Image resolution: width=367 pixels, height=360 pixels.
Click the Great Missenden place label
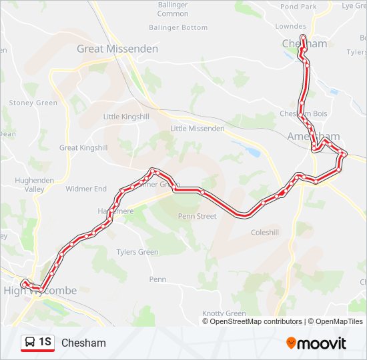[x=117, y=49]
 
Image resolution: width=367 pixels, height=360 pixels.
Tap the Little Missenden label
[x=198, y=129]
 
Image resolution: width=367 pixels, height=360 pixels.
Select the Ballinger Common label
[x=173, y=9]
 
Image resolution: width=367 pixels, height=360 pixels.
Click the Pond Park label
[x=298, y=7]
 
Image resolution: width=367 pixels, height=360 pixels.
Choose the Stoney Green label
[x=33, y=103]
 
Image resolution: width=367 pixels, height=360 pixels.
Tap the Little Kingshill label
[x=126, y=116]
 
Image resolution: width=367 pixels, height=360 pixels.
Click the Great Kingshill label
[x=83, y=148]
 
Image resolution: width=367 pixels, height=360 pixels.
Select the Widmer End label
[x=86, y=189]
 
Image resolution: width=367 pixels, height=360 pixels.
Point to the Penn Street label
[x=197, y=216]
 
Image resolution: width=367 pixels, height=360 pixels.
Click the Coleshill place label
[x=264, y=233]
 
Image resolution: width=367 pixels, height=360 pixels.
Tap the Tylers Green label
[x=137, y=252]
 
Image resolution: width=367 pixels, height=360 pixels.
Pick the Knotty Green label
[x=224, y=313]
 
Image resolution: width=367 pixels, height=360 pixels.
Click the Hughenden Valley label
[x=29, y=185]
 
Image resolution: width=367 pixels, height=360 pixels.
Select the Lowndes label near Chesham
[x=290, y=27]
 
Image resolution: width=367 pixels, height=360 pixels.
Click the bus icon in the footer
[x=29, y=343]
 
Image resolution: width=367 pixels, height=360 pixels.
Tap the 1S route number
[x=45, y=343]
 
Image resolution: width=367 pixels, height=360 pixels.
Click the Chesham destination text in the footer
[x=83, y=343]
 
